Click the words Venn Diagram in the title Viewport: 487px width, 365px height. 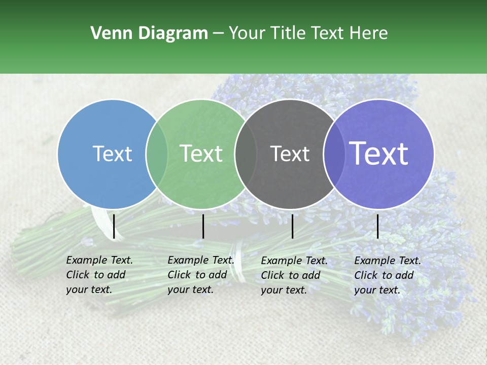pyautogui.click(x=149, y=33)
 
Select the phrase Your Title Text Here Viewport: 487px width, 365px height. pyautogui.click(x=308, y=33)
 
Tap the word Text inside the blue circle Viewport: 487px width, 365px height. pyautogui.click(x=112, y=154)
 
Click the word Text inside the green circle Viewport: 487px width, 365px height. pyautogui.click(x=201, y=154)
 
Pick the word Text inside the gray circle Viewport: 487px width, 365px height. pyautogui.click(x=290, y=154)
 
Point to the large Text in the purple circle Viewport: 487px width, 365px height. pyautogui.click(x=379, y=154)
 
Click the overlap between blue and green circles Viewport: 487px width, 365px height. pyautogui.click(x=157, y=154)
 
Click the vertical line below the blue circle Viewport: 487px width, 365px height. pyautogui.click(x=114, y=226)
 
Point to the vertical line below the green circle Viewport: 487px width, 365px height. pyautogui.click(x=203, y=226)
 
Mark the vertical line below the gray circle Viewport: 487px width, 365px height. pyautogui.click(x=293, y=226)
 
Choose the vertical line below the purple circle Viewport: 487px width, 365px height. pyautogui.click(x=378, y=226)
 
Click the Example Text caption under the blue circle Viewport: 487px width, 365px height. pyautogui.click(x=99, y=275)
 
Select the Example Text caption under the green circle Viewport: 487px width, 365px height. pyautogui.click(x=201, y=275)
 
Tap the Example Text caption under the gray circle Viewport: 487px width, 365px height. pyautogui.click(x=294, y=275)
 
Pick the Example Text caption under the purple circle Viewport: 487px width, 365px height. pyautogui.click(x=388, y=275)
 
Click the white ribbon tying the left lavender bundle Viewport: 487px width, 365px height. pyautogui.click(x=101, y=223)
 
